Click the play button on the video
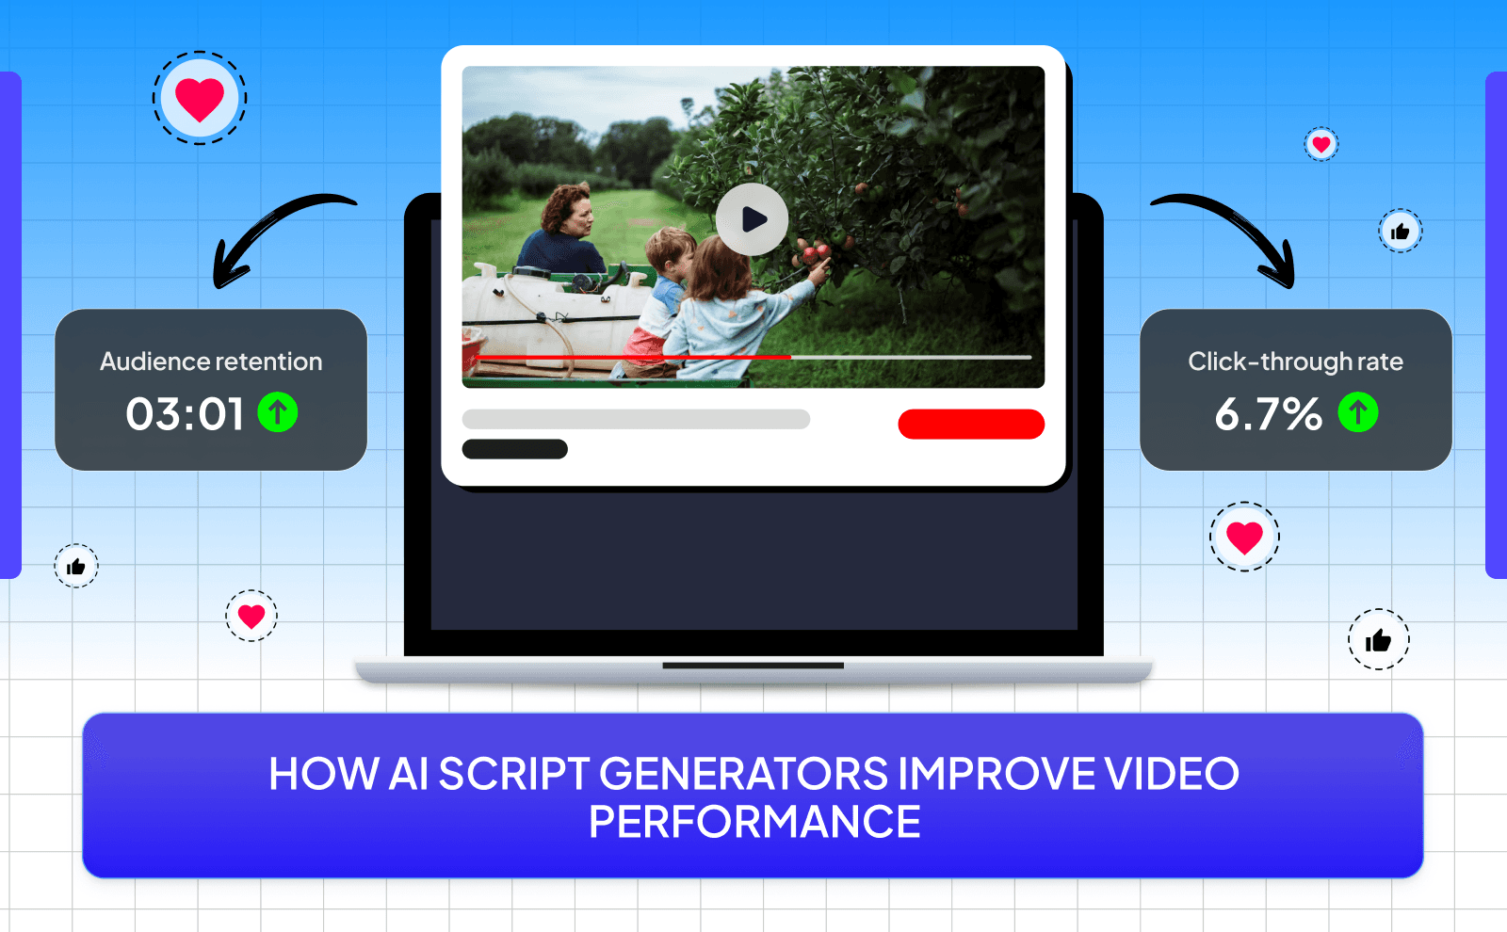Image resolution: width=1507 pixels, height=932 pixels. [752, 219]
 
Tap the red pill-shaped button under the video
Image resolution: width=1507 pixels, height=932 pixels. [971, 424]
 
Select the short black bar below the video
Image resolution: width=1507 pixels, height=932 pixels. [514, 449]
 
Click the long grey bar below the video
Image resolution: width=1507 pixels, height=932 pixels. [636, 419]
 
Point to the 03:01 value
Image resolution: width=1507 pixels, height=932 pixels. [186, 414]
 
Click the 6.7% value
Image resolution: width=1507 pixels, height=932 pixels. [1268, 414]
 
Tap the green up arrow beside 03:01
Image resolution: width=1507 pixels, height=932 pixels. [278, 412]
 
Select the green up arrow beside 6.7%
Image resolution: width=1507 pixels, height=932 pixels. [1358, 412]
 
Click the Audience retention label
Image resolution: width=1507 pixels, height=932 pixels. [211, 362]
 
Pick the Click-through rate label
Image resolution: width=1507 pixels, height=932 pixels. [1295, 362]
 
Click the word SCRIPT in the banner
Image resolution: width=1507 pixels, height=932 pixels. [513, 774]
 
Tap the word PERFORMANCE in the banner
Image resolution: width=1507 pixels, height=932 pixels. [754, 822]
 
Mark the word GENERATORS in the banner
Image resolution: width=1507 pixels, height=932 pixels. [743, 774]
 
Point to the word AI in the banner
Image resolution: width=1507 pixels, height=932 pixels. [409, 774]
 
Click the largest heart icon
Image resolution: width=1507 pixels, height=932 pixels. [200, 99]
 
